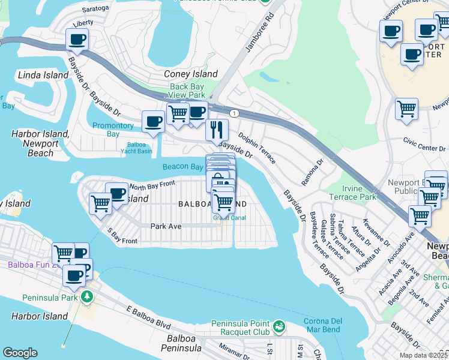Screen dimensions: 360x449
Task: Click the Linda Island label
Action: tap(35, 75)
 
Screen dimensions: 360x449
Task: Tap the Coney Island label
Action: tap(191, 74)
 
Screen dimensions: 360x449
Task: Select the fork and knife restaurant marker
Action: tap(217, 129)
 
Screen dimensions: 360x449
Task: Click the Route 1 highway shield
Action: tap(234, 113)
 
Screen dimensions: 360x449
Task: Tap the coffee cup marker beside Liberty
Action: tap(77, 40)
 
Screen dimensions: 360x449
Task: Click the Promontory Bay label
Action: tap(113, 130)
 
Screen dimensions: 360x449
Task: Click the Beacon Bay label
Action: tap(182, 167)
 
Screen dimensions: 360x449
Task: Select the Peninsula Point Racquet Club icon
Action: tap(278, 327)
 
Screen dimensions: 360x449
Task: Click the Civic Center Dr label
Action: tap(423, 145)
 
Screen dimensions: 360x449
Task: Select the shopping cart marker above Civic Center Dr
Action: tap(406, 109)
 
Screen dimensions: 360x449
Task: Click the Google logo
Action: tap(20, 353)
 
